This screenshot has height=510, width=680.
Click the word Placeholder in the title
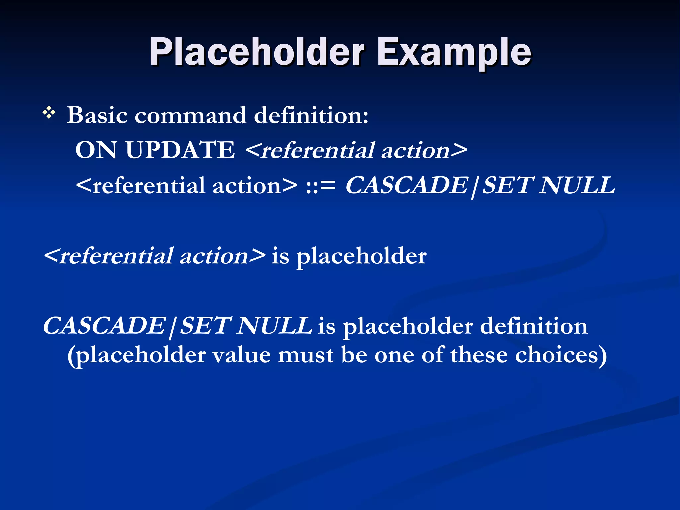coord(257,52)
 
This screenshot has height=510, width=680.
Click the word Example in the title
coord(454,52)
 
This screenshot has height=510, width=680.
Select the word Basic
coord(97,115)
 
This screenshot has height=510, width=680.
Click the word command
coord(191,115)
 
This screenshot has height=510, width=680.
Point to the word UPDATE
coord(180,150)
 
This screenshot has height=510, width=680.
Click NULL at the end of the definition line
coord(577,185)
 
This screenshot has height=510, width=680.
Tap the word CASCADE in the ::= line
coord(407,185)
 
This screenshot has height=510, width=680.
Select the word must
coord(306,355)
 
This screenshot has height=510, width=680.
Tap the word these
coord(479,355)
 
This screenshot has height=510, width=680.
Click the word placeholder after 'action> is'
coord(361,256)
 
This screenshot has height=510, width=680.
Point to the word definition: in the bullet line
coord(311,115)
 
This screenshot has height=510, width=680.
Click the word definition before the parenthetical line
coord(534,326)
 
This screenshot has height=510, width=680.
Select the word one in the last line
coord(394,355)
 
